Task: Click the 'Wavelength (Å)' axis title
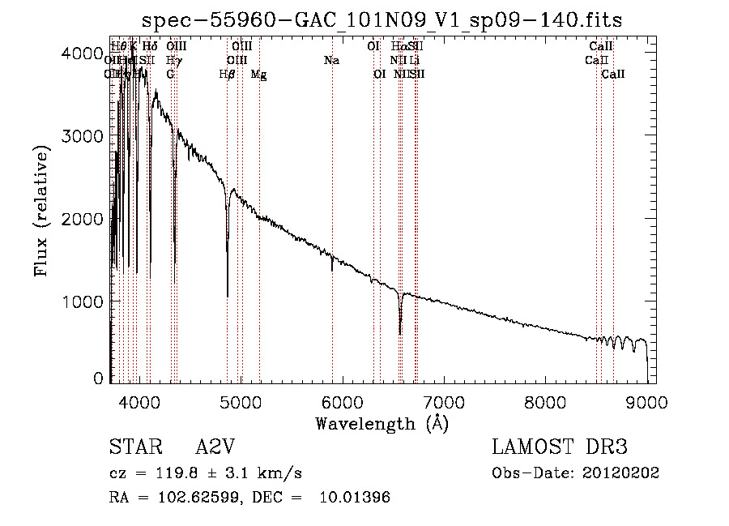382,423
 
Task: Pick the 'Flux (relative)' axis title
42,210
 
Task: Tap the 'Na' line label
330,60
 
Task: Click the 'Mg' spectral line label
259,74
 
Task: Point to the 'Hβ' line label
228,74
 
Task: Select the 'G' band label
170,74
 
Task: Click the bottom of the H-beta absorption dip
228,296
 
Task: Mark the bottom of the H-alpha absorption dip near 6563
400,333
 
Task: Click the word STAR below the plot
130,448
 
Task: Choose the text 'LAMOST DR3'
560,448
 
